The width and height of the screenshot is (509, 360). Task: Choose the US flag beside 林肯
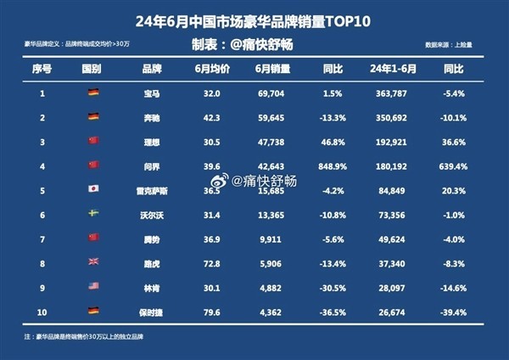[93, 287]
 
